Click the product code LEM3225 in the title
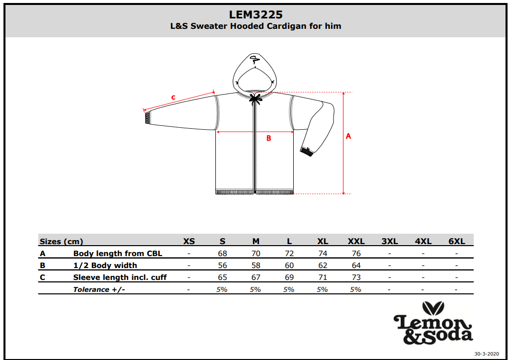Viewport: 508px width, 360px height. pyautogui.click(x=255, y=14)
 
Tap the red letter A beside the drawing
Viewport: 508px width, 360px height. pyautogui.click(x=348, y=136)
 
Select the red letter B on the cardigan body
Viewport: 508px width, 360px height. pyautogui.click(x=268, y=138)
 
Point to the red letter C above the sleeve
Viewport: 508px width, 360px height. pyautogui.click(x=173, y=97)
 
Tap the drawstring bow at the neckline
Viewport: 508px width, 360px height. pyautogui.click(x=256, y=98)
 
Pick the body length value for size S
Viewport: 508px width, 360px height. pyautogui.click(x=223, y=254)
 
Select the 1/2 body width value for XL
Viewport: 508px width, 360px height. pyautogui.click(x=323, y=266)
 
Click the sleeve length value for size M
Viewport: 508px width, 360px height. pyautogui.click(x=256, y=277)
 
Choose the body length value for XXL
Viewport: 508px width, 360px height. pyautogui.click(x=356, y=254)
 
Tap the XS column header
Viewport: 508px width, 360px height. pyautogui.click(x=189, y=241)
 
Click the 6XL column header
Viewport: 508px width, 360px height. pyautogui.click(x=457, y=241)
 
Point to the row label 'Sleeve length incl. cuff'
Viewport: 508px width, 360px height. pyautogui.click(x=120, y=277)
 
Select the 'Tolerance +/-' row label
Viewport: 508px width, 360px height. pyautogui.click(x=99, y=289)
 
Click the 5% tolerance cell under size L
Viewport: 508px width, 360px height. pyautogui.click(x=289, y=289)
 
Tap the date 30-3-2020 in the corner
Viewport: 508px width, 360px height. pyautogui.click(x=487, y=354)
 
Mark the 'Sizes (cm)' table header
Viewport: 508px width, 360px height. pyautogui.click(x=61, y=242)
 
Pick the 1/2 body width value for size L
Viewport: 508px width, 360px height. pyautogui.click(x=289, y=266)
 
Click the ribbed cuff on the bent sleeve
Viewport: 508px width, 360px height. pyautogui.click(x=307, y=152)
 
